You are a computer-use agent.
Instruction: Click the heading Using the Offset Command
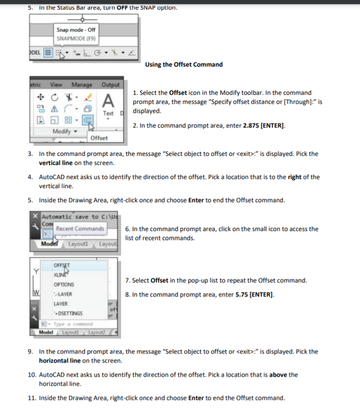tap(184, 65)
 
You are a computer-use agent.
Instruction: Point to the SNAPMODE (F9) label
tap(76, 38)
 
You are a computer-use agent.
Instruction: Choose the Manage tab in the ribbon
tap(82, 85)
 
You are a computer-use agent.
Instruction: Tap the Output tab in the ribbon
tap(110, 85)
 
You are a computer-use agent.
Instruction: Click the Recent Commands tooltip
tap(80, 229)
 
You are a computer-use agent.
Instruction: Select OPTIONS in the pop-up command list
tap(64, 285)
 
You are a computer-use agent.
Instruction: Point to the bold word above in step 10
tap(279, 375)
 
